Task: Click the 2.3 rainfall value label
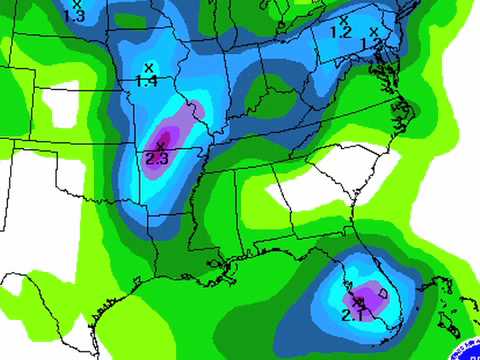157,157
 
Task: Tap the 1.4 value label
147,80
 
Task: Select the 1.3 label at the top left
74,15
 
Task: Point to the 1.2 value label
341,32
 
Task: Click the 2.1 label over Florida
352,315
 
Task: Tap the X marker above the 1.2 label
344,19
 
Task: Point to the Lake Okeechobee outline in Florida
383,292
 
